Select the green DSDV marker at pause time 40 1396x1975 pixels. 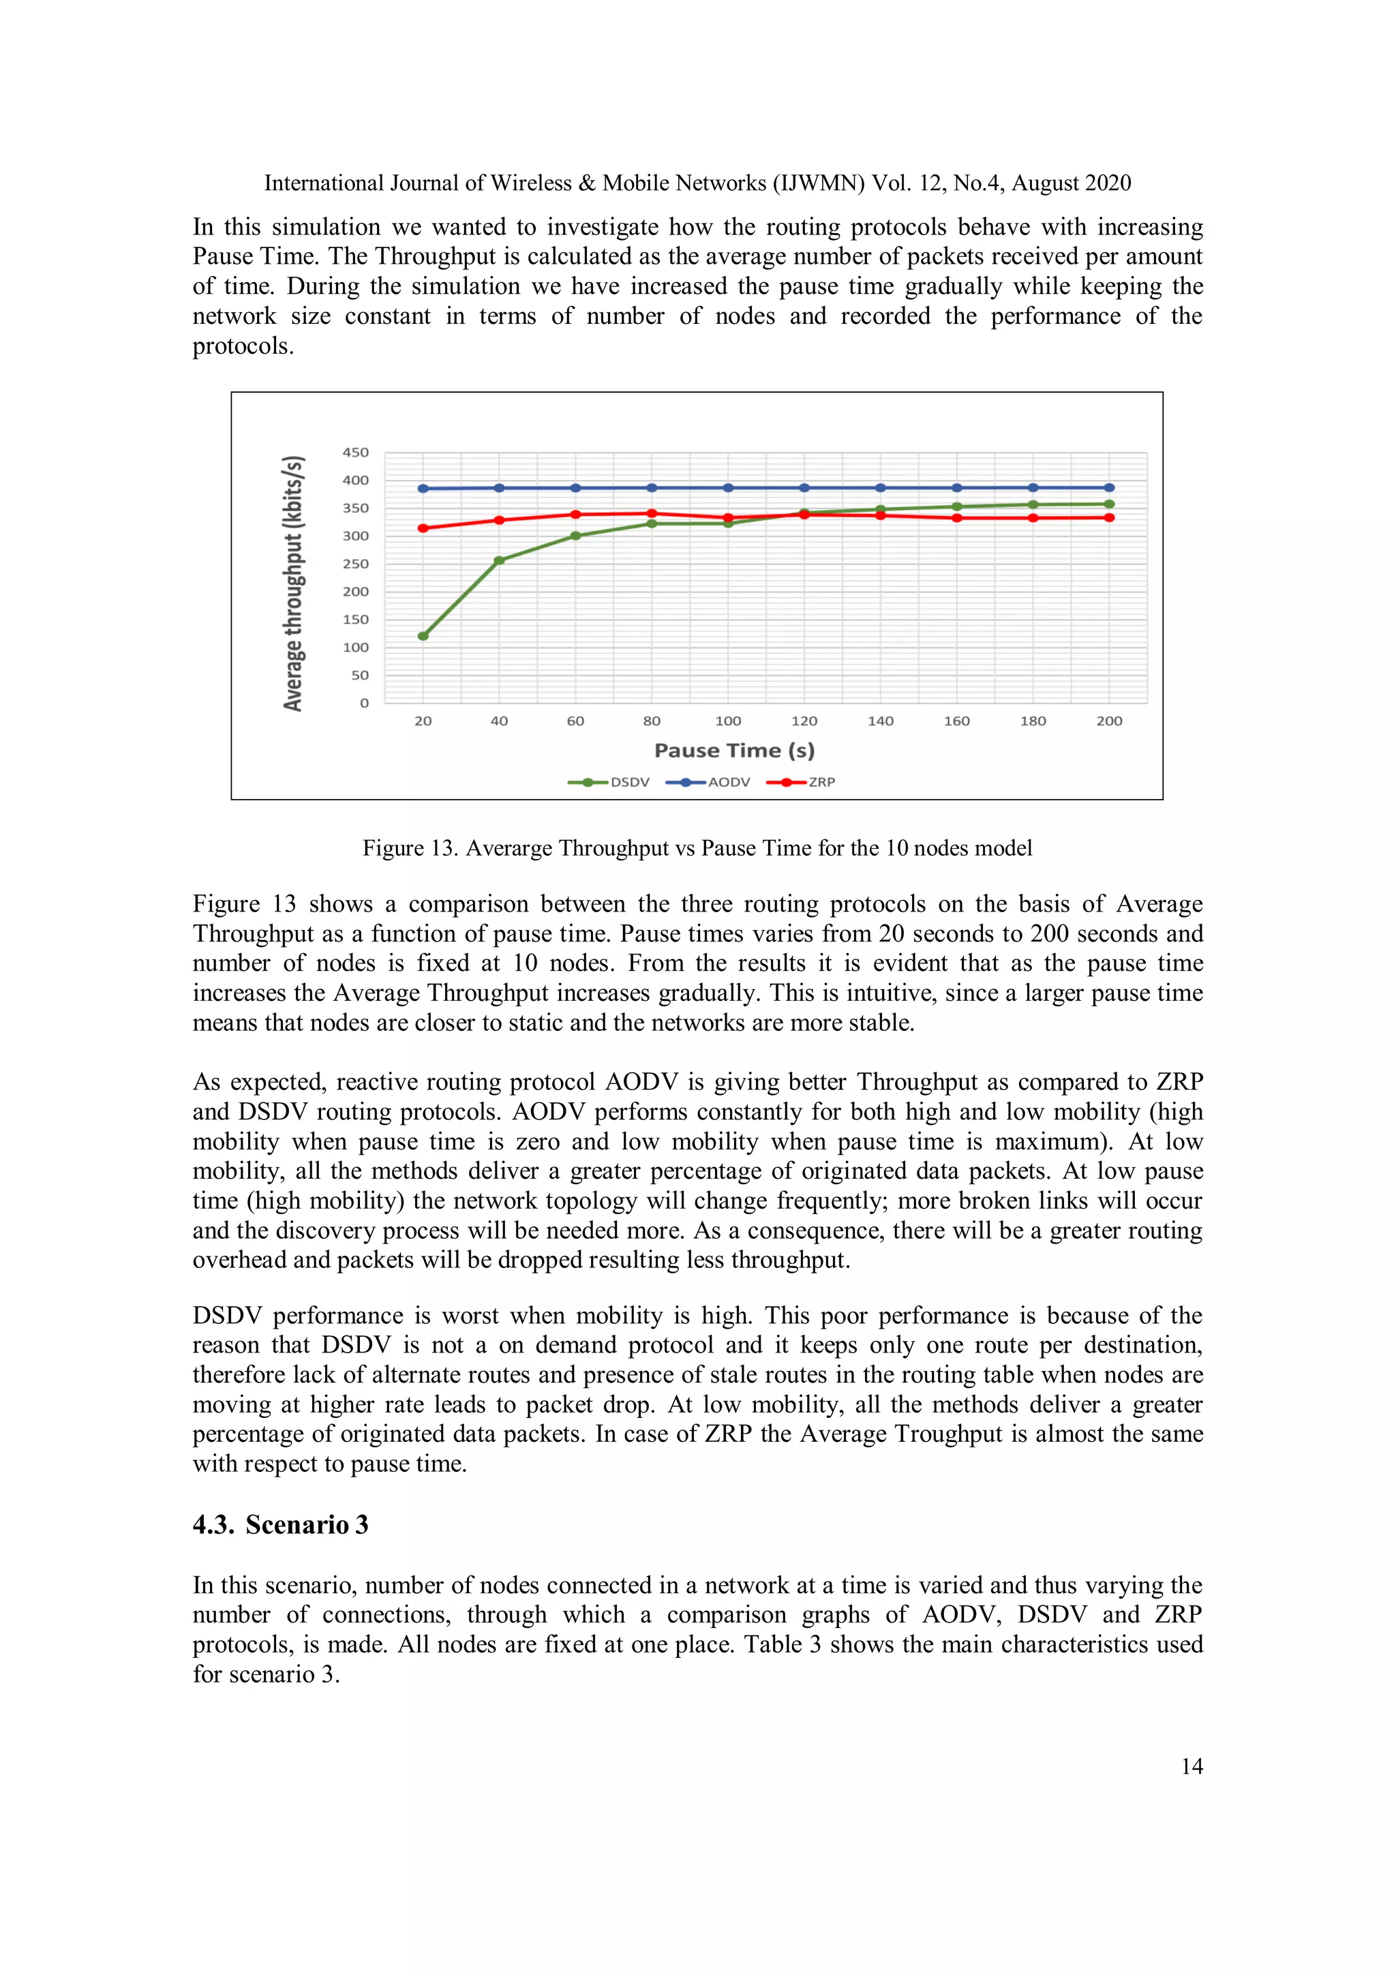[x=499, y=560]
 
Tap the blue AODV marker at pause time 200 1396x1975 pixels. [x=1109, y=487]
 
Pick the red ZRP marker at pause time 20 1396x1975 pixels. [x=423, y=528]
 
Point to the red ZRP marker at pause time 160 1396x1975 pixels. [x=956, y=518]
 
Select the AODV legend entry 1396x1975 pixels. [x=708, y=782]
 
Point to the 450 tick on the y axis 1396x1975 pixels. [x=355, y=453]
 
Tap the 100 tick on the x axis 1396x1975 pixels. [x=728, y=721]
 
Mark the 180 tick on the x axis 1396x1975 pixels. [x=1033, y=721]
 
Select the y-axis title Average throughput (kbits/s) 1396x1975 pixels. [x=293, y=583]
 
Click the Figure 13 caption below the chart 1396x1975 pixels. [x=697, y=848]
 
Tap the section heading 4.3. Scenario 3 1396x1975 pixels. [x=280, y=1524]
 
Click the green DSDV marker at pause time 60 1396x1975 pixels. [x=575, y=536]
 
